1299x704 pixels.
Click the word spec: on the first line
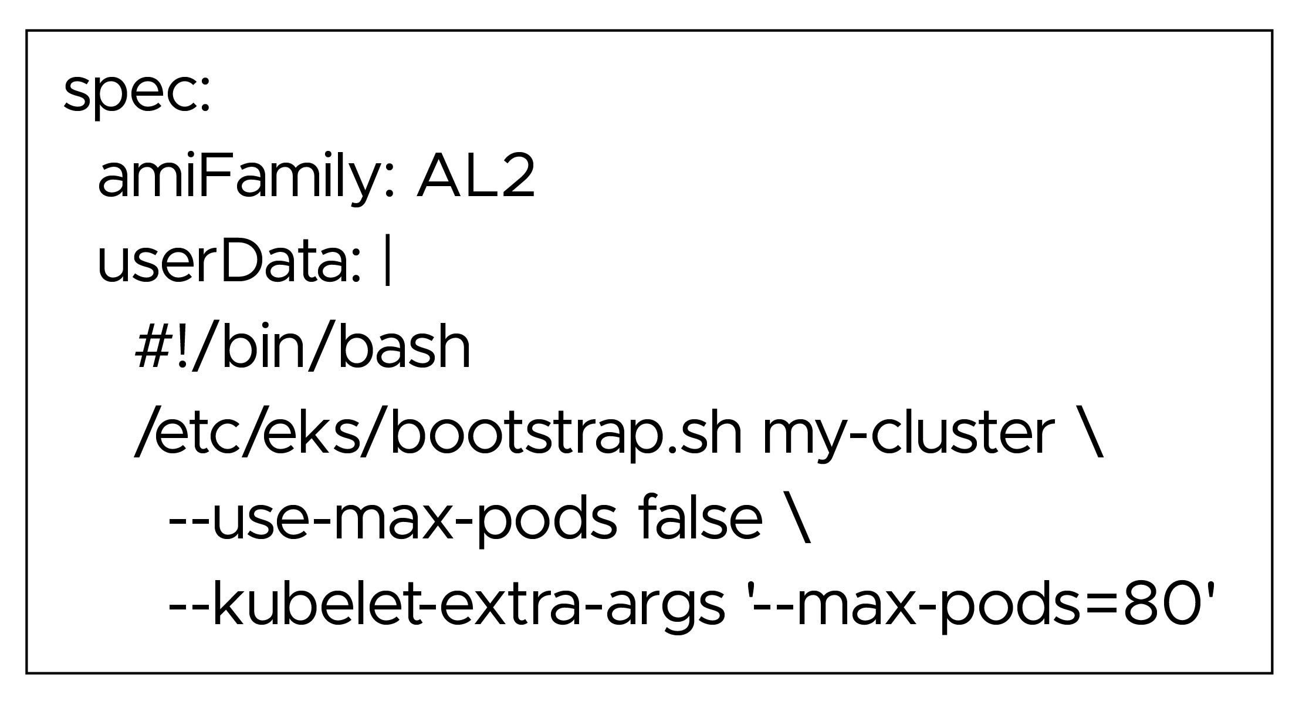136,94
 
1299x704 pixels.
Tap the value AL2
475,178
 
